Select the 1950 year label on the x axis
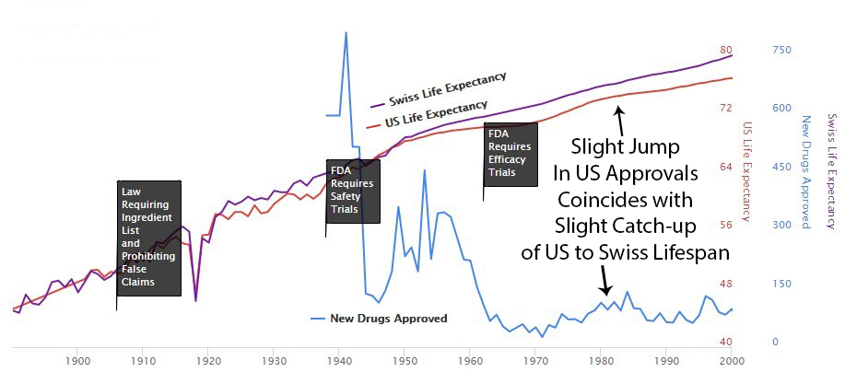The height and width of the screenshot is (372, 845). (x=405, y=360)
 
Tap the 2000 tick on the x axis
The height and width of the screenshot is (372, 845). (x=732, y=360)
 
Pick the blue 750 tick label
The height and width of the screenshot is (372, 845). (x=781, y=50)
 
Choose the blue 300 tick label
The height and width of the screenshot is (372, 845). (x=781, y=225)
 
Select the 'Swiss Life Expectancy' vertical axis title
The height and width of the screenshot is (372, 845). (x=832, y=171)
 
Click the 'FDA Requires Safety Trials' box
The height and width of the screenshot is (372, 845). (x=352, y=191)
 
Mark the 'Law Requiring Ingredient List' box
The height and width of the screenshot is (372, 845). (x=148, y=237)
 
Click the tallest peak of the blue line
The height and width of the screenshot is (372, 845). (x=346, y=33)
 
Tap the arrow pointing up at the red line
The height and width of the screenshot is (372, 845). (x=620, y=117)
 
